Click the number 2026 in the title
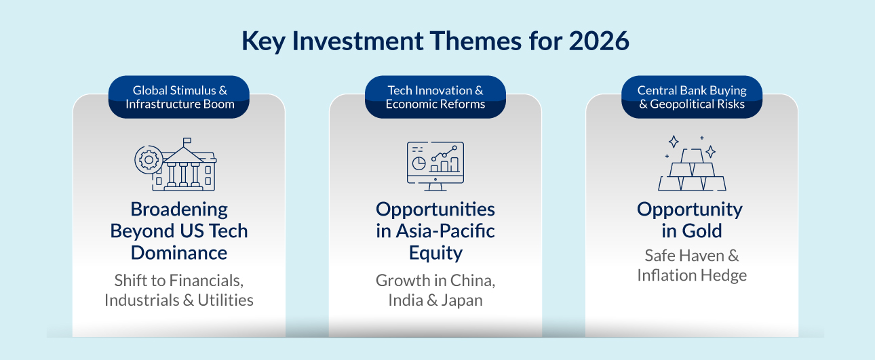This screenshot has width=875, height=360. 599,41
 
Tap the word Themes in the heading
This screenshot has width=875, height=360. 475,41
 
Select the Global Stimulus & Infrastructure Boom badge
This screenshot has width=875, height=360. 179,97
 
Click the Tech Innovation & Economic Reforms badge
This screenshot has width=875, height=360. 435,97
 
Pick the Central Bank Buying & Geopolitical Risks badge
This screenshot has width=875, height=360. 692,97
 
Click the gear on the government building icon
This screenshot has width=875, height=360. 149,160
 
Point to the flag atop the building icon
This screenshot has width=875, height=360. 187,140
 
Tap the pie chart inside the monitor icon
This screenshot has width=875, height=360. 419,163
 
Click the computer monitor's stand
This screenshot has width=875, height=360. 435,187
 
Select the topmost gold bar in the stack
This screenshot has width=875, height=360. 692,156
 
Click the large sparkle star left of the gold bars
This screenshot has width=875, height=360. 674,142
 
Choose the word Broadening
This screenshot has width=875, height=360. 179,209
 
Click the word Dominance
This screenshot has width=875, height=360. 179,253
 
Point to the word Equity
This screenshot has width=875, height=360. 435,254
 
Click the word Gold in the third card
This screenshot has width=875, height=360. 702,231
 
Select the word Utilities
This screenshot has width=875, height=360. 225,300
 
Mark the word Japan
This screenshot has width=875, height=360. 462,300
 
